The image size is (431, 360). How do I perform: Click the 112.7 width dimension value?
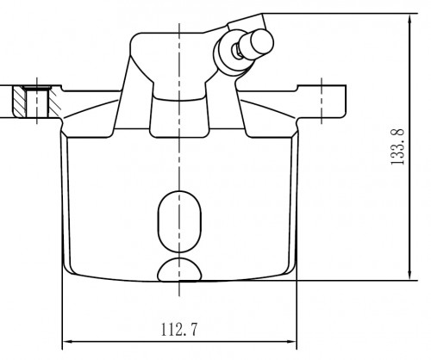click(179, 330)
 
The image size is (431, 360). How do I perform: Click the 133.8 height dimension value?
click(398, 146)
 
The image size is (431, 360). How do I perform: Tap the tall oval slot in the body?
click(179, 221)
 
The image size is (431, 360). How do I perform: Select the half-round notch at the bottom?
click(179, 270)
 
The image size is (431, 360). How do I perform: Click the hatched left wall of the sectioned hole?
click(19, 102)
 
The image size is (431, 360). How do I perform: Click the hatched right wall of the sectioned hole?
click(54, 102)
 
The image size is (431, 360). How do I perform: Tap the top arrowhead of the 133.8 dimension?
click(410, 19)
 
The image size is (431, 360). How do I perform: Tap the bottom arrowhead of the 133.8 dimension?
click(410, 275)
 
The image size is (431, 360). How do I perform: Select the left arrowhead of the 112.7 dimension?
click(68, 342)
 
